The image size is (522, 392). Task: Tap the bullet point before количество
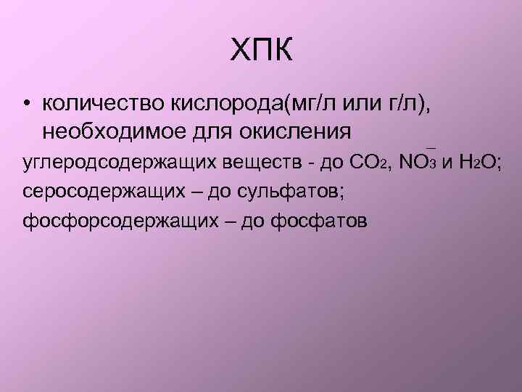tap(25, 106)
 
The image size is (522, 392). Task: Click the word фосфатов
tap(319, 220)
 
